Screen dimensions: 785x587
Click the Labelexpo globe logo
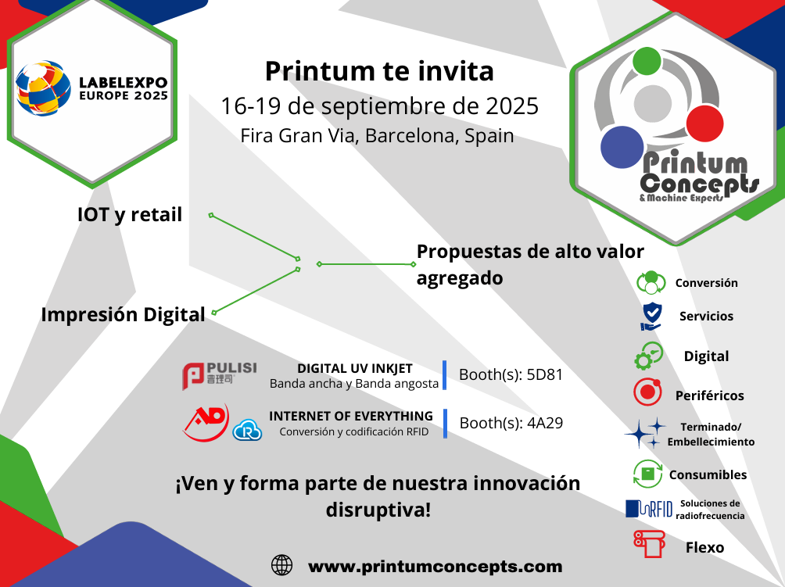(42, 88)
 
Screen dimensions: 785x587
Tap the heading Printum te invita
(379, 71)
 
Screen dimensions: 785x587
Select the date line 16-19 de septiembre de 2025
(379, 106)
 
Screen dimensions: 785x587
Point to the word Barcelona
(410, 136)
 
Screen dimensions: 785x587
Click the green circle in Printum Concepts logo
(647, 60)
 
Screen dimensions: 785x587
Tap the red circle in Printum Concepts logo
(704, 123)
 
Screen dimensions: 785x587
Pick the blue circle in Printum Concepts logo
(622, 147)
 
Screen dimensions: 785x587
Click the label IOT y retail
(130, 215)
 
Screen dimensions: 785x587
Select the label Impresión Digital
(124, 315)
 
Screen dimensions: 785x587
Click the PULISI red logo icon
(193, 376)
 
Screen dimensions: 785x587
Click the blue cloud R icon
(247, 430)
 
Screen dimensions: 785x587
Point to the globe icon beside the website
(281, 565)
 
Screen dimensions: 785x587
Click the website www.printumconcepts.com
(435, 567)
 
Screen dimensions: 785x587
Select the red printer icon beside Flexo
(649, 543)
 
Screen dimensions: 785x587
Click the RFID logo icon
(649, 509)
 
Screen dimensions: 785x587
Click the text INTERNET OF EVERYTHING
(351, 417)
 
